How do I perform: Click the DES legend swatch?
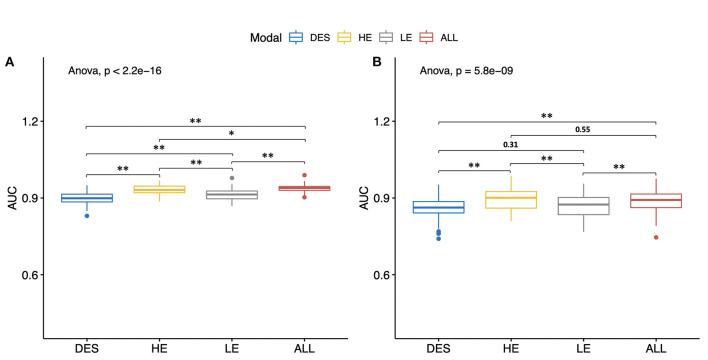pos(296,37)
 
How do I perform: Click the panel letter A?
pos(9,62)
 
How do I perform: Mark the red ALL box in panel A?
pos(305,188)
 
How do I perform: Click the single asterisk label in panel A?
pos(231,133)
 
